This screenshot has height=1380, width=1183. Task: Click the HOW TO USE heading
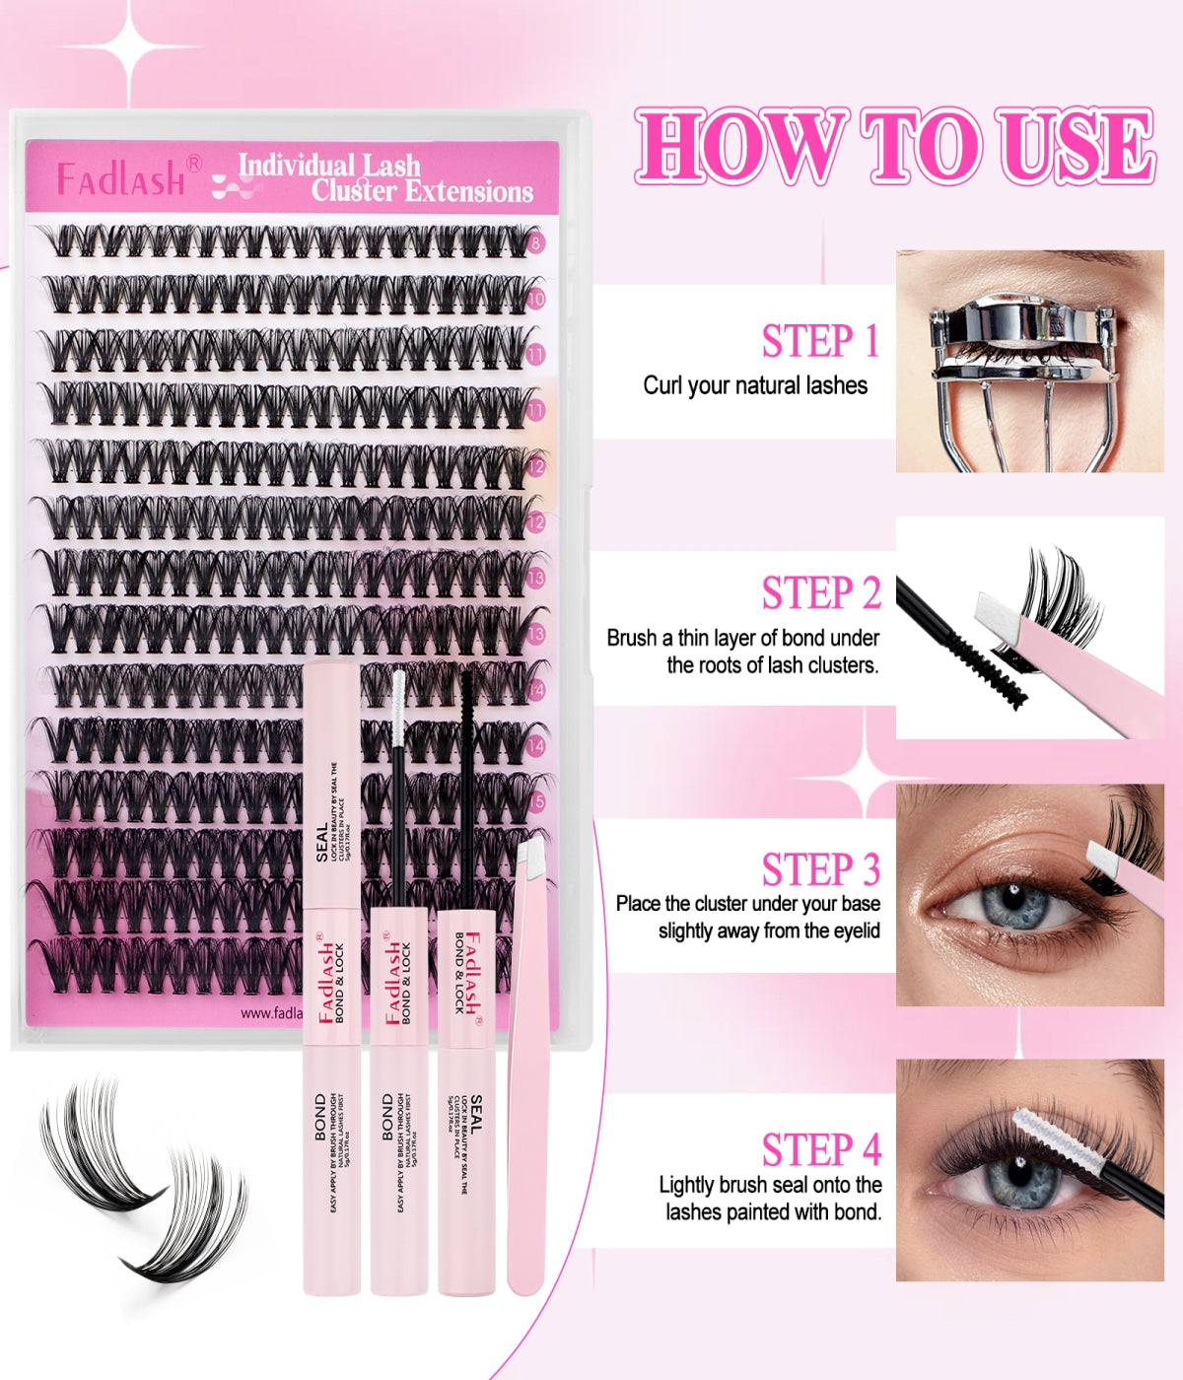click(x=895, y=147)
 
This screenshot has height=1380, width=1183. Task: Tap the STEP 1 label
click(x=819, y=341)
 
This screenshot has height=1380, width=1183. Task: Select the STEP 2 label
click(x=820, y=593)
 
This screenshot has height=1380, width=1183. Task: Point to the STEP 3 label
click(x=820, y=869)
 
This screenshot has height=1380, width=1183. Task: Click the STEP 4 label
click(x=820, y=1149)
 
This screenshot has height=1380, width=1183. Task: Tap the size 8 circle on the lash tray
click(x=535, y=242)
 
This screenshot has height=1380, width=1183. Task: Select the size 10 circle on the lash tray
click(x=535, y=298)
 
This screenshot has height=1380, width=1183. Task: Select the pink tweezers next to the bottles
click(x=525, y=1065)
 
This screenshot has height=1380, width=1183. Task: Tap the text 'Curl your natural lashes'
click(x=755, y=385)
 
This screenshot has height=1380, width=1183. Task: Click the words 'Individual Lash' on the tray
click(x=329, y=165)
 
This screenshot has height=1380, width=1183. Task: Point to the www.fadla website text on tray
click(x=271, y=1012)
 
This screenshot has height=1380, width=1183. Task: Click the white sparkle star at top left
click(x=130, y=46)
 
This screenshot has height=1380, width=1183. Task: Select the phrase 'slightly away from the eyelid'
click(x=769, y=931)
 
